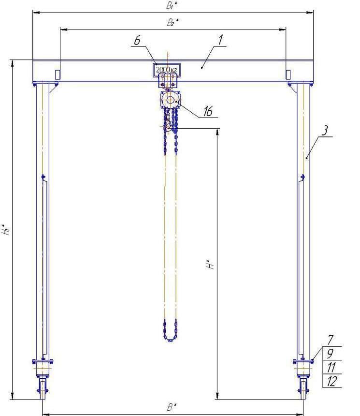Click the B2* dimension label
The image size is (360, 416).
click(173, 22)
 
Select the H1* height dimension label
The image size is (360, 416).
click(7, 229)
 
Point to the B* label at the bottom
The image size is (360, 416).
click(172, 407)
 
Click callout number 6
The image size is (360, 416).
click(137, 41)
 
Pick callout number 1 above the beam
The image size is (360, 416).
click(220, 40)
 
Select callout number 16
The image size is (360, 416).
click(208, 111)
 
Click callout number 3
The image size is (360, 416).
click(324, 130)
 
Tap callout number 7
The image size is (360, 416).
click(331, 340)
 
